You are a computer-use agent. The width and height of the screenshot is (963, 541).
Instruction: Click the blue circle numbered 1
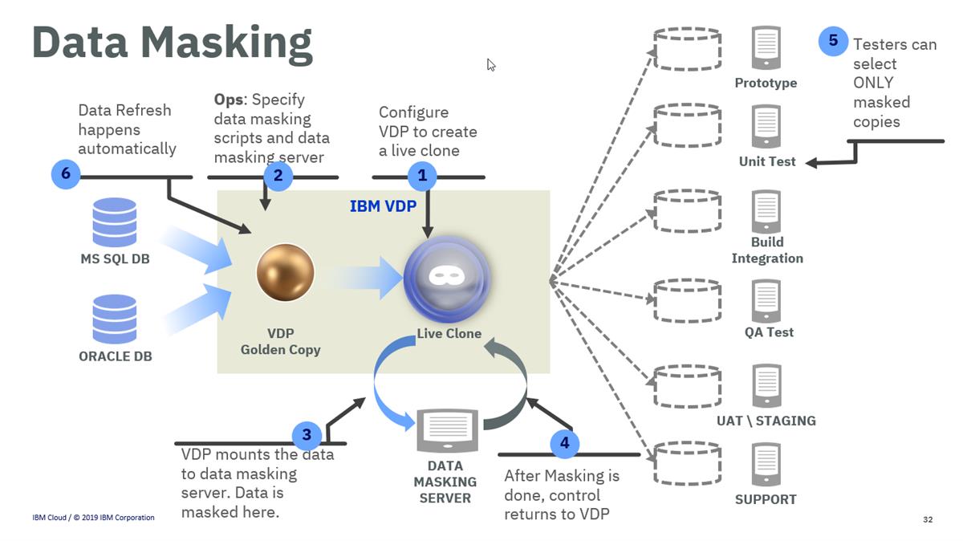tap(422, 176)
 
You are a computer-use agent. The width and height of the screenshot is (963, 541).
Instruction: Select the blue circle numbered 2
tap(278, 176)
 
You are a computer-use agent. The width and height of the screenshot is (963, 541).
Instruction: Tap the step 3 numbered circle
tap(307, 436)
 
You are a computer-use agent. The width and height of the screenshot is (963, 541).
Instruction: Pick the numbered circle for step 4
tap(564, 443)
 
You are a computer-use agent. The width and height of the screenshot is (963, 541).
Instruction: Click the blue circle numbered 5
tap(833, 41)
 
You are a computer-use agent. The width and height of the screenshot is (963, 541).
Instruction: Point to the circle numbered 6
tap(65, 174)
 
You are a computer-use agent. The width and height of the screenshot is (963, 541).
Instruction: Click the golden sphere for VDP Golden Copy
tap(285, 273)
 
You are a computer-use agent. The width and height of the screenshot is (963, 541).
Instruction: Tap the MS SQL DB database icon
tap(115, 222)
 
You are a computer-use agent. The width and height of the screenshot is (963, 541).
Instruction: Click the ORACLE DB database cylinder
tap(115, 319)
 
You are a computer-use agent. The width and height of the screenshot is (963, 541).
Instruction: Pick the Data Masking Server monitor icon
tap(448, 430)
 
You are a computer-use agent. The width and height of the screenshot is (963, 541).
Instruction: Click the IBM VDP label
tap(383, 206)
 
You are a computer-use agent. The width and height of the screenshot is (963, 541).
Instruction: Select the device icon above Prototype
tap(766, 47)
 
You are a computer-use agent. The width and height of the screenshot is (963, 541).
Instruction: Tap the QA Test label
tap(769, 332)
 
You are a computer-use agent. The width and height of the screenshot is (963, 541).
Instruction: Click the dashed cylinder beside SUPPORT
tap(686, 462)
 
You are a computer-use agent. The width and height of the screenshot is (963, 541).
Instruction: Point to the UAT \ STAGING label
tap(766, 421)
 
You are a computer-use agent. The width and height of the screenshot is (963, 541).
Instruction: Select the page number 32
tap(928, 520)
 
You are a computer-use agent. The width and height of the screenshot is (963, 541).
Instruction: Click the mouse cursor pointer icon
tap(491, 65)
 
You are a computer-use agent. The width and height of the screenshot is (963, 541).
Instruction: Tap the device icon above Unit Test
tap(766, 126)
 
